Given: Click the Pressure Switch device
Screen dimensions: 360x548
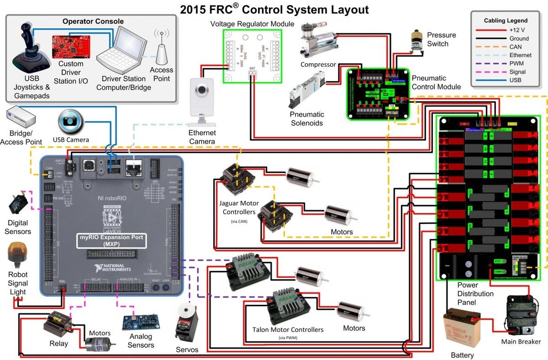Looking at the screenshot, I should click(x=416, y=42).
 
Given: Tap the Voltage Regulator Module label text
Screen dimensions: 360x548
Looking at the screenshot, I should click(x=252, y=24).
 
